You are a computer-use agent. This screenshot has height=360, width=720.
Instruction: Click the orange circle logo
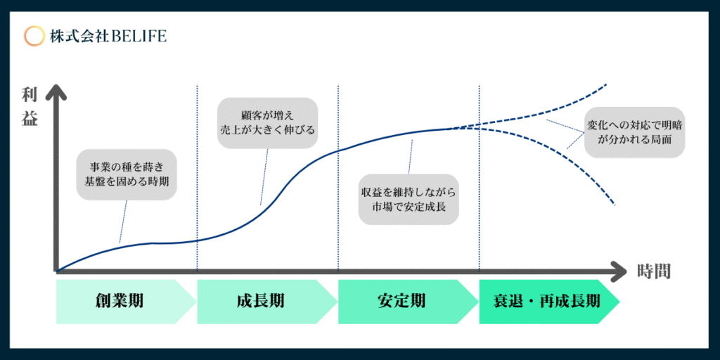[34, 37]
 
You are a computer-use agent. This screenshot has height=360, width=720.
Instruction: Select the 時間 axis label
[654, 271]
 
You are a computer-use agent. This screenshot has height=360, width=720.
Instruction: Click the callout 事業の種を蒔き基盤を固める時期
[127, 174]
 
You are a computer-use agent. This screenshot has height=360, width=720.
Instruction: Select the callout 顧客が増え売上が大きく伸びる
[267, 122]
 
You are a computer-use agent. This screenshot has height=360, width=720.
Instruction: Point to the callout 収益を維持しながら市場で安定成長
[409, 199]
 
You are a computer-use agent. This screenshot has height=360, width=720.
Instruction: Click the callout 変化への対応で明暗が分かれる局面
[635, 133]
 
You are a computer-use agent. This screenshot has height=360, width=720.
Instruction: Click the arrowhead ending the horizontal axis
[619, 272]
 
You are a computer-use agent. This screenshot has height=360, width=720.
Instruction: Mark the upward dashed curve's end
[607, 84]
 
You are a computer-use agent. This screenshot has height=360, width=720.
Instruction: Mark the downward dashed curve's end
[614, 205]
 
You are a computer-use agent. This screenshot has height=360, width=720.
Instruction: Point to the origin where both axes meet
[56, 272]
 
